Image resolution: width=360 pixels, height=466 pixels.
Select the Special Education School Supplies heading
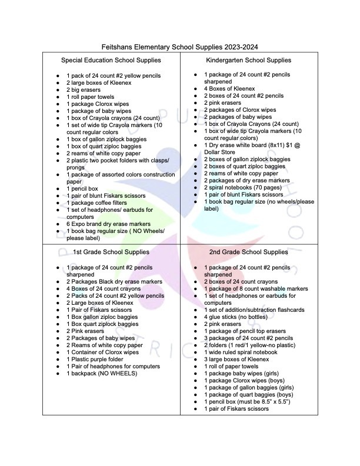tap(111, 61)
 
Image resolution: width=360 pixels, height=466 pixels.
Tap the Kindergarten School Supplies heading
tap(248, 61)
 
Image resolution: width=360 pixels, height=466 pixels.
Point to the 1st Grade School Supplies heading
tap(111, 252)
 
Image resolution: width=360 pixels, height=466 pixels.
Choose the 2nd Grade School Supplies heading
tap(248, 252)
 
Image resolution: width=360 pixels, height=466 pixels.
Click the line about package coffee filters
tap(101, 202)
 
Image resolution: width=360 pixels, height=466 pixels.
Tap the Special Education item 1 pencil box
tap(86, 188)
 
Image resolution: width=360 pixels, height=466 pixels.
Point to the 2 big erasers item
tap(84, 90)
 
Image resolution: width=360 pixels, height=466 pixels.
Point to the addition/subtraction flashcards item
tap(254, 310)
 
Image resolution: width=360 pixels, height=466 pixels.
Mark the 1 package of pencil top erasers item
tap(246, 331)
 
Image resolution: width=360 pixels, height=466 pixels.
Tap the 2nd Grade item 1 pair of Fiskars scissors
tap(236, 408)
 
